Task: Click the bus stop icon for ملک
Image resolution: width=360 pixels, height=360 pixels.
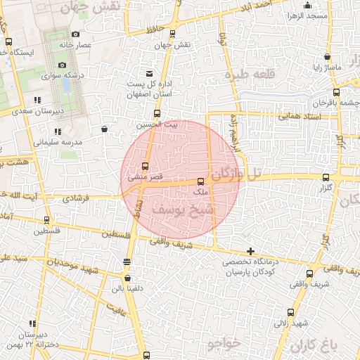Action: click(201, 181)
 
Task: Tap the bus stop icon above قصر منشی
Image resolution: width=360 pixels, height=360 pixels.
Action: click(145, 167)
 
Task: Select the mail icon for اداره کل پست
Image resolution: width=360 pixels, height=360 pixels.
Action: click(148, 74)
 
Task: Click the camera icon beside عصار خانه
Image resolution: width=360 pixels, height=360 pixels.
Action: click(76, 34)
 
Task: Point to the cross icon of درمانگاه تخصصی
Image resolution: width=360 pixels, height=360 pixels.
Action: click(250, 251)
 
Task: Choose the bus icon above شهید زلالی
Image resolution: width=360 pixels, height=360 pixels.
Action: click(291, 311)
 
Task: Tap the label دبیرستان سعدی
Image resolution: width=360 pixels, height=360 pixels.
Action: click(44, 110)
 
